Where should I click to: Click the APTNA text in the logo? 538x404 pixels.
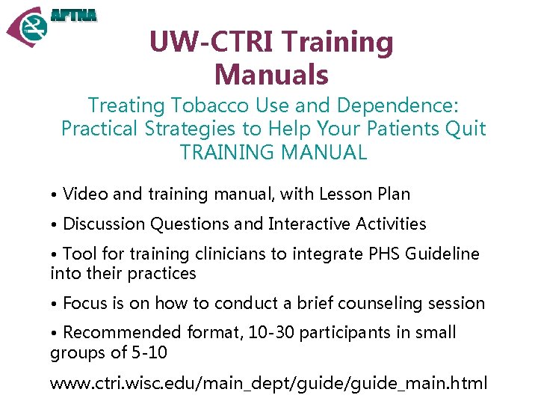[74, 14]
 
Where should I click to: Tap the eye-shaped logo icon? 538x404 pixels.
[28, 28]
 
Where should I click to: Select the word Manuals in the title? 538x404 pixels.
[271, 75]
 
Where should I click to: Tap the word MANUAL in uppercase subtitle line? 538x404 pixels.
[324, 153]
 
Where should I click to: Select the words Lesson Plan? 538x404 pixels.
[365, 195]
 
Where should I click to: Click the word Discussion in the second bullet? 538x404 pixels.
[104, 224]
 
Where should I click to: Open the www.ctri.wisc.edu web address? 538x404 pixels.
[268, 384]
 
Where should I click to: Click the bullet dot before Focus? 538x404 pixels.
[55, 304]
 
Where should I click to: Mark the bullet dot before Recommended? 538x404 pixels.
[55, 333]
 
